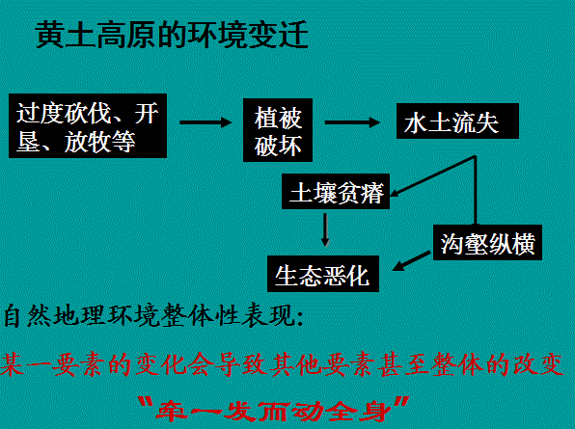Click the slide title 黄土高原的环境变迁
coord(172,35)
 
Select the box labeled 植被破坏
coord(278,130)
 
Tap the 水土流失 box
coord(457,121)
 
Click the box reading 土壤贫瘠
coord(336,192)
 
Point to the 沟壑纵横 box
coord(487,243)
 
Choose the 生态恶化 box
coord(322,274)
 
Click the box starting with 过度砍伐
coord(88,125)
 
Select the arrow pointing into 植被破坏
coord(205,122)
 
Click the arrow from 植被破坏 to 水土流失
coord(352,122)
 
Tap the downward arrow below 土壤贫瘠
coord(325,229)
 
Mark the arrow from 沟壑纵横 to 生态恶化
coord(411,261)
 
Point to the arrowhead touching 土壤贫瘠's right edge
coord(396,193)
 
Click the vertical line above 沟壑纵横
coord(476,191)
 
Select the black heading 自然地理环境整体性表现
coord(153,315)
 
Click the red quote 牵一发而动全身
coord(274,410)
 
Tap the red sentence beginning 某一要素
coord(283,364)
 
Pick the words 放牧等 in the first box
coord(99,142)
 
